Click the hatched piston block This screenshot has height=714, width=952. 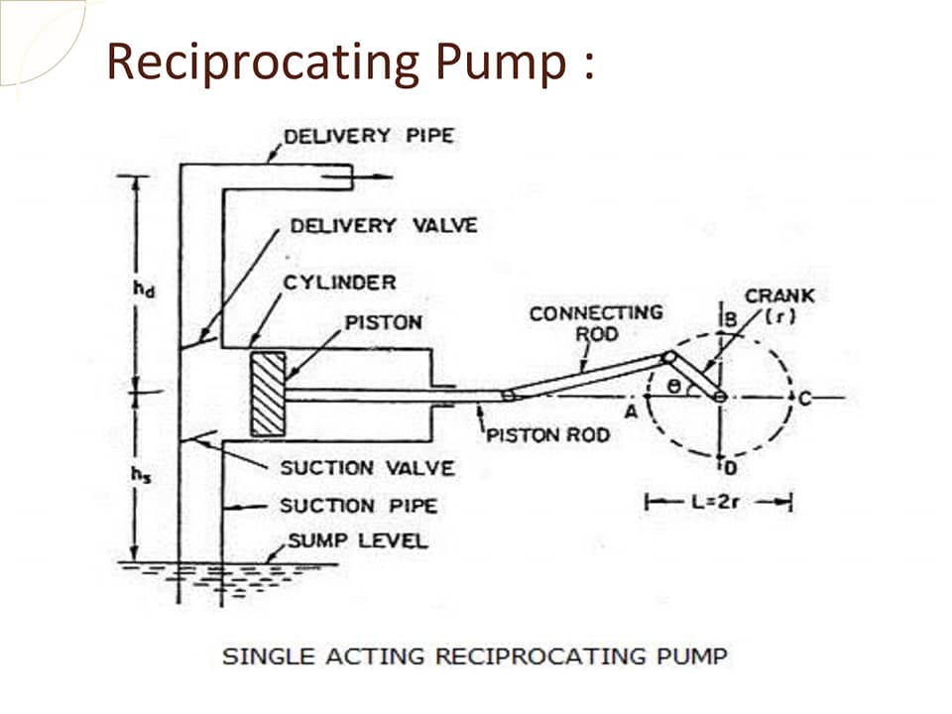(x=269, y=394)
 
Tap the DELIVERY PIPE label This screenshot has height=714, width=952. (x=369, y=136)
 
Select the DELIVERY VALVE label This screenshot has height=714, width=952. (x=384, y=226)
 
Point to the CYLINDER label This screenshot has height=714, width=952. (x=340, y=283)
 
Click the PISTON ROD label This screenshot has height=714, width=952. (x=548, y=435)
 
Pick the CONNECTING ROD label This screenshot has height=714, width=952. (x=596, y=323)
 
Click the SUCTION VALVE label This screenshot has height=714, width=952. (x=367, y=468)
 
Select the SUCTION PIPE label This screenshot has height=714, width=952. (x=358, y=506)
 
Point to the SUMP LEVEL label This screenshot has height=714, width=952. (x=358, y=540)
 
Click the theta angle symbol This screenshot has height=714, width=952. (x=673, y=386)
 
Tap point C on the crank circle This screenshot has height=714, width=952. (x=804, y=399)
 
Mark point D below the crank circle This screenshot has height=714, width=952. (x=731, y=468)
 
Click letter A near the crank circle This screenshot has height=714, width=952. (x=632, y=413)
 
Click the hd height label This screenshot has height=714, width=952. (x=144, y=289)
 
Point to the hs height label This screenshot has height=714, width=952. (x=142, y=474)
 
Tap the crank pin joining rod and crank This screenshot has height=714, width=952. (x=669, y=358)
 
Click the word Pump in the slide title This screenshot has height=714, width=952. (x=501, y=61)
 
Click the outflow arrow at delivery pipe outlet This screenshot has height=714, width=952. (x=357, y=177)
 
